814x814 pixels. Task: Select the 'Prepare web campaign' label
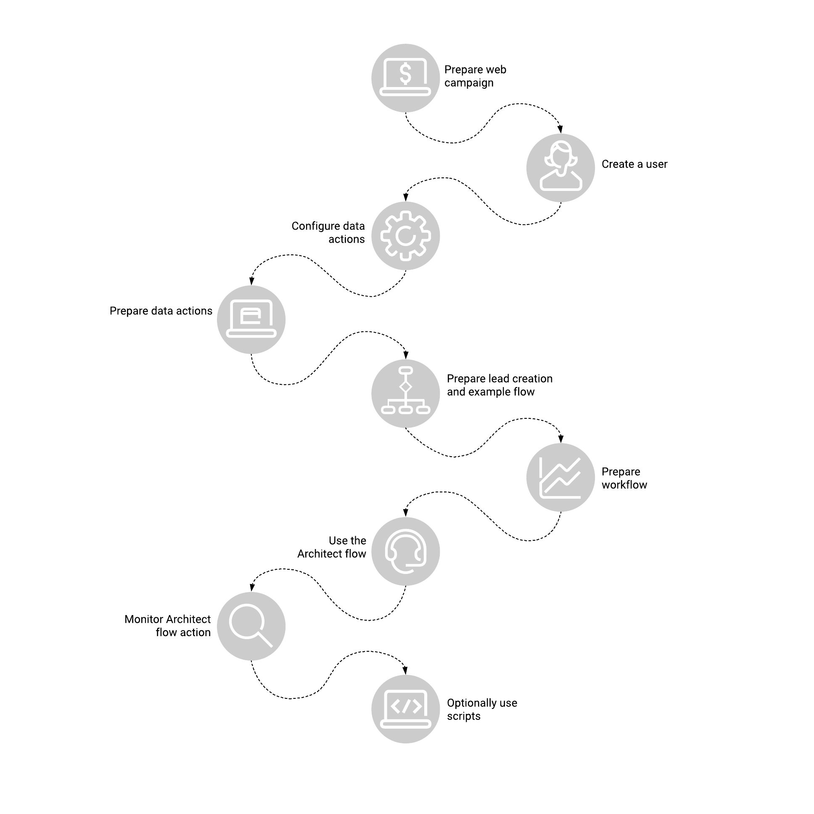point(475,76)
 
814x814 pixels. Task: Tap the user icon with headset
point(561,166)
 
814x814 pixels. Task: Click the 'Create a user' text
point(634,164)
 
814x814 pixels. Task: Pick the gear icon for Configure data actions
point(406,235)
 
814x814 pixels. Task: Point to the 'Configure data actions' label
point(328,233)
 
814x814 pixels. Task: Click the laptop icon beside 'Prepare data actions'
point(251,319)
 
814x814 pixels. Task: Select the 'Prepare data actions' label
point(161,311)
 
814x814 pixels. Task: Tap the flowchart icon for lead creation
point(406,390)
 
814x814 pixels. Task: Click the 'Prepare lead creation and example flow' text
point(499,385)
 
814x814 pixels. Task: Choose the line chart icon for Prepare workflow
point(560,478)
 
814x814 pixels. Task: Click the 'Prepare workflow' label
point(624,478)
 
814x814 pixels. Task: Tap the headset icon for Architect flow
point(406,551)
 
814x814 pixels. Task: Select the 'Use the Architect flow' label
point(332,547)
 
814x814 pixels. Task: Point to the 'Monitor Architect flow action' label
point(168,626)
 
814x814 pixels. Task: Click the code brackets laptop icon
point(406,709)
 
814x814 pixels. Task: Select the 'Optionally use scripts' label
point(482,709)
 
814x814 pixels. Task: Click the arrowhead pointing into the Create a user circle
point(560,129)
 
